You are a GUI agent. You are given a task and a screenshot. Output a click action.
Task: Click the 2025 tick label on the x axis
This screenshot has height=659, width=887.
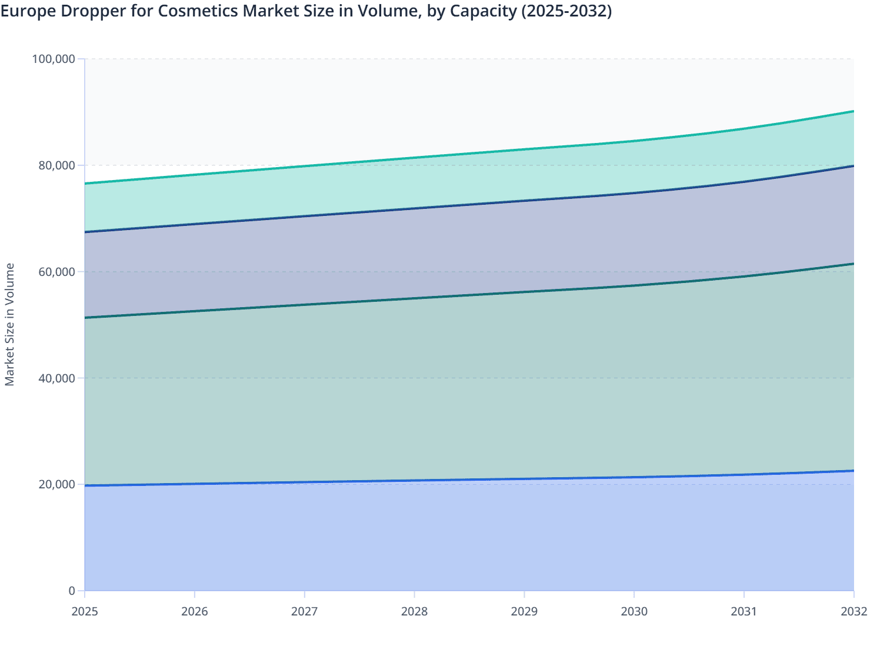85,611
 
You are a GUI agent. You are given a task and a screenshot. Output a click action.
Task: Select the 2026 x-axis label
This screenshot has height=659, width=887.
195,611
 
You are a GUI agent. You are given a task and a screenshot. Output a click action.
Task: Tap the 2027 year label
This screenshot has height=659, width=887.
305,611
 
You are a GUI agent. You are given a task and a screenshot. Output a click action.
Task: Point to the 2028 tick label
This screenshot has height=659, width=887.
414,611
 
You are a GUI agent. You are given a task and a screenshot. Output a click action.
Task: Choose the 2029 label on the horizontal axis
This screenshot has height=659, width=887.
524,611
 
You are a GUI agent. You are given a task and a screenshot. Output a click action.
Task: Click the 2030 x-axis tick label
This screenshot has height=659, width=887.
634,611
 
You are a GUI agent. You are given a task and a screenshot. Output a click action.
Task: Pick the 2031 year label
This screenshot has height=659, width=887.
744,611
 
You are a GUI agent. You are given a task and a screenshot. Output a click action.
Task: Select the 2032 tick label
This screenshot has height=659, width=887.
853,611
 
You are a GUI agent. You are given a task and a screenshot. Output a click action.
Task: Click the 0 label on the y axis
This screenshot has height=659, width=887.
72,591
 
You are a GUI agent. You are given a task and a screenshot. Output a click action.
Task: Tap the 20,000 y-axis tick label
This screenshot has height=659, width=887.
57,484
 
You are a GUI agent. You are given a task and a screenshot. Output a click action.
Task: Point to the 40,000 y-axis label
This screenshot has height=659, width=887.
57,378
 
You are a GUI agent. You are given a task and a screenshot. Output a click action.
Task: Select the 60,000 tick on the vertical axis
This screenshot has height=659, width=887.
57,272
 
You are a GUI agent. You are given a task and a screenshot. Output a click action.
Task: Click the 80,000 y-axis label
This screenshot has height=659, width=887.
57,165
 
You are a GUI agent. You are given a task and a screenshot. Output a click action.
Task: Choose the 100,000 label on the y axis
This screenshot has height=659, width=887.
54,59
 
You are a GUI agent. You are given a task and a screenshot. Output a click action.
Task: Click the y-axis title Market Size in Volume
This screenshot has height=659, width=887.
10,324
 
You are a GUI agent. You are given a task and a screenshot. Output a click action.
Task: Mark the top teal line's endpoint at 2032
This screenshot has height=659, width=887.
853,111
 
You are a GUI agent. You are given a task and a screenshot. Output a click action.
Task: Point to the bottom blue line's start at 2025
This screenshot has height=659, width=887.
85,485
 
